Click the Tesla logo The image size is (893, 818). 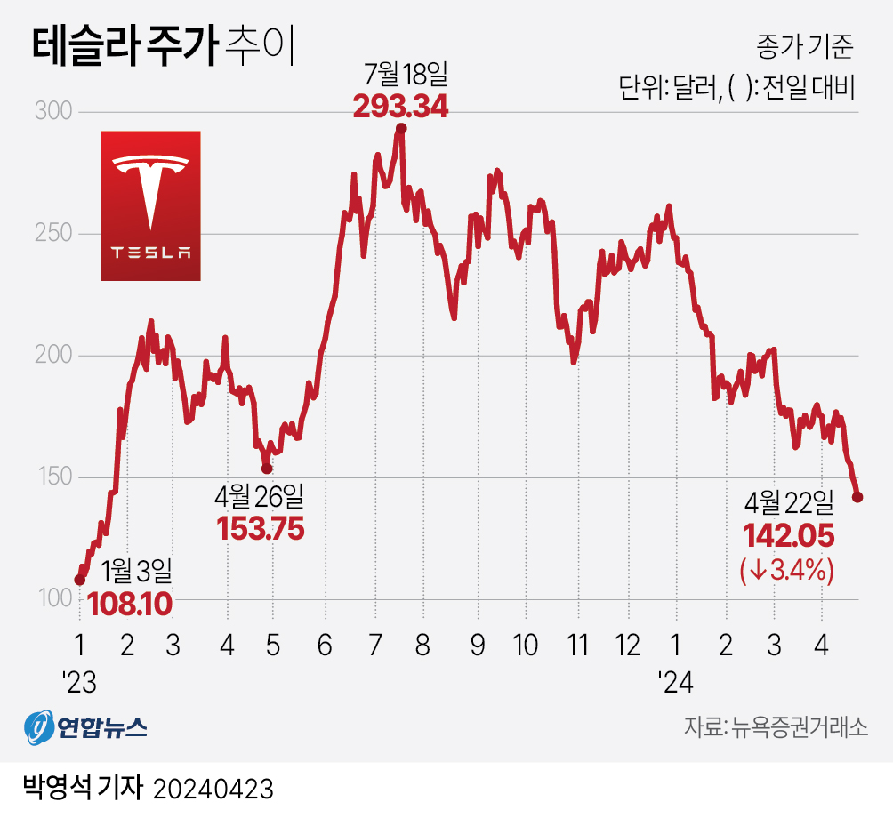click(x=150, y=205)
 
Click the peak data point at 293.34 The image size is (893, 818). click(x=401, y=129)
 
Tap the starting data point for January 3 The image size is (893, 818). click(x=80, y=580)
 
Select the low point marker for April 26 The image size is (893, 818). click(x=267, y=469)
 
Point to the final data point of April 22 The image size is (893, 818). click(x=857, y=497)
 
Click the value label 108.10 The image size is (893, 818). click(x=129, y=605)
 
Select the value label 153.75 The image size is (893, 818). click(x=261, y=529)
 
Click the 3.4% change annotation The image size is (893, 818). click(x=786, y=570)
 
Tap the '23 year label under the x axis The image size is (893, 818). click(x=80, y=683)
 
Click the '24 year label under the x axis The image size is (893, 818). click(x=676, y=683)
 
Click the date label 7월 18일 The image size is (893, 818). click(x=402, y=73)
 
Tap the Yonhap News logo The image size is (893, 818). click(x=85, y=727)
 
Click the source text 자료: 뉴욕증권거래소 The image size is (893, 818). click(x=775, y=727)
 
